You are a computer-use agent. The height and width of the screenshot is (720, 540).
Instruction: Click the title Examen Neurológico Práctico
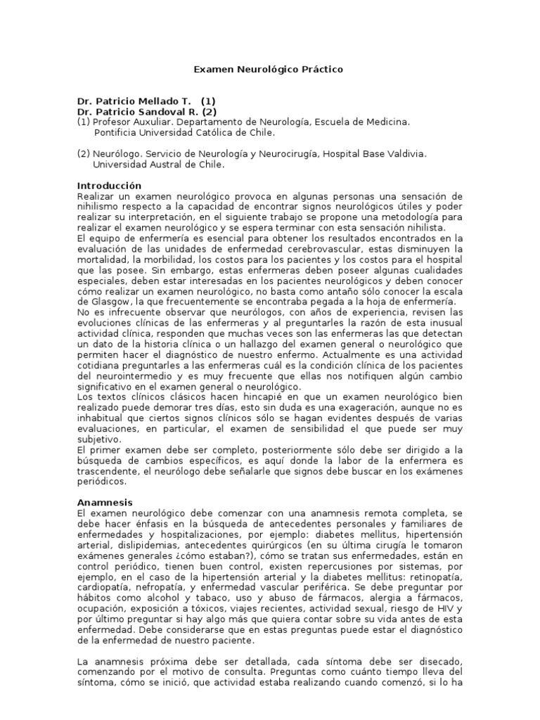point(269,70)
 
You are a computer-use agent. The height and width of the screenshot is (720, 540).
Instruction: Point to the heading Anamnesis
point(104,503)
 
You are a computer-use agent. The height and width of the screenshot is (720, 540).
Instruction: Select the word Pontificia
point(117,132)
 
